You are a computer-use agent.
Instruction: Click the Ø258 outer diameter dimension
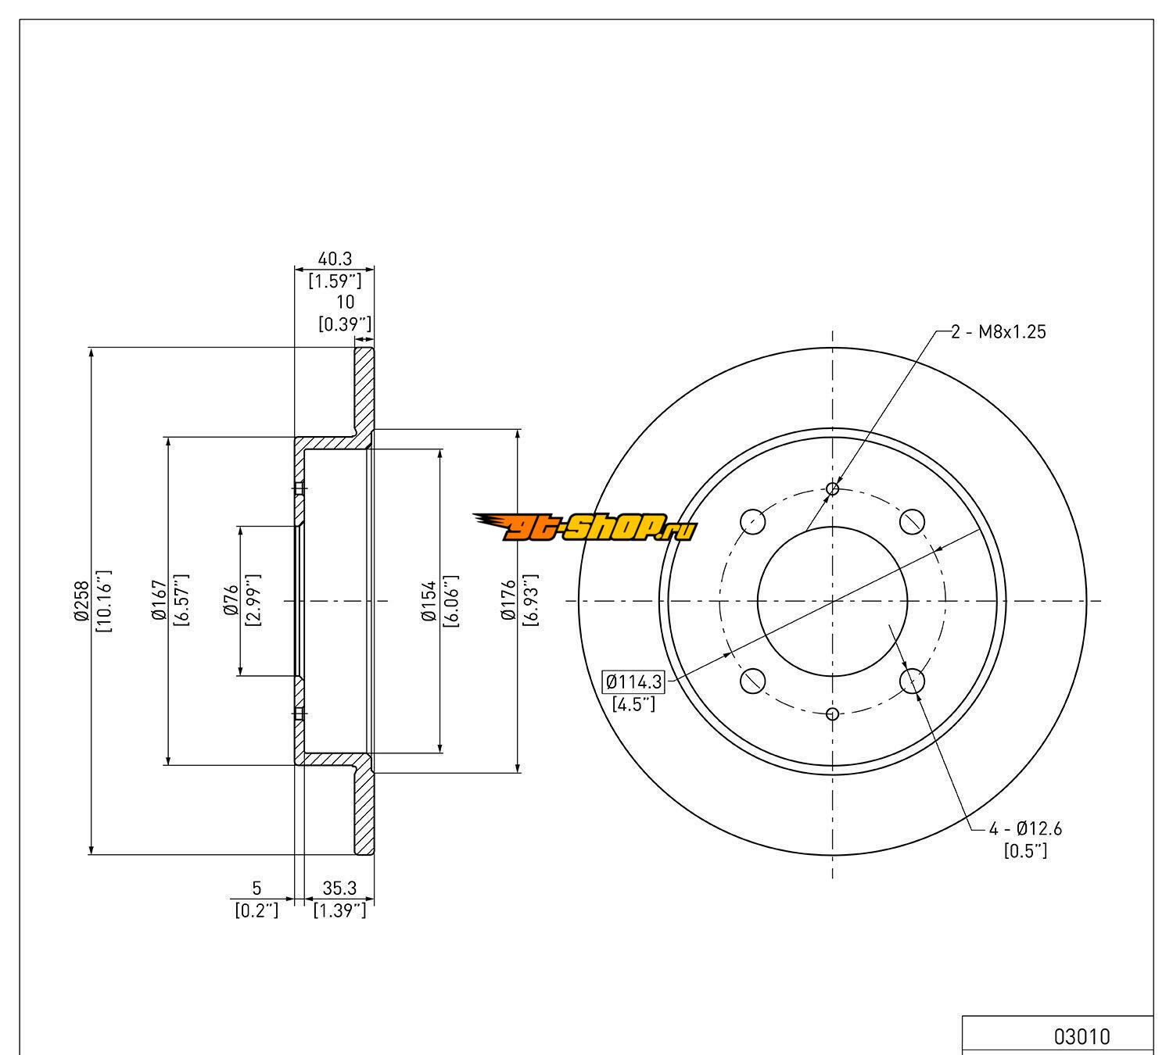point(81,600)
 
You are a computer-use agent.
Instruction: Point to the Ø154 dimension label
point(429,600)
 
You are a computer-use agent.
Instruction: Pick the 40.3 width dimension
point(335,259)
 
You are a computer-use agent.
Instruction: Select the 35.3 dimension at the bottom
point(339,888)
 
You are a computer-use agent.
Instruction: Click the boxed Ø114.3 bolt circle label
point(633,681)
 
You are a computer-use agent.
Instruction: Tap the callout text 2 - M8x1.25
point(998,332)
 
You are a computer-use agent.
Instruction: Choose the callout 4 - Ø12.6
point(1025,828)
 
